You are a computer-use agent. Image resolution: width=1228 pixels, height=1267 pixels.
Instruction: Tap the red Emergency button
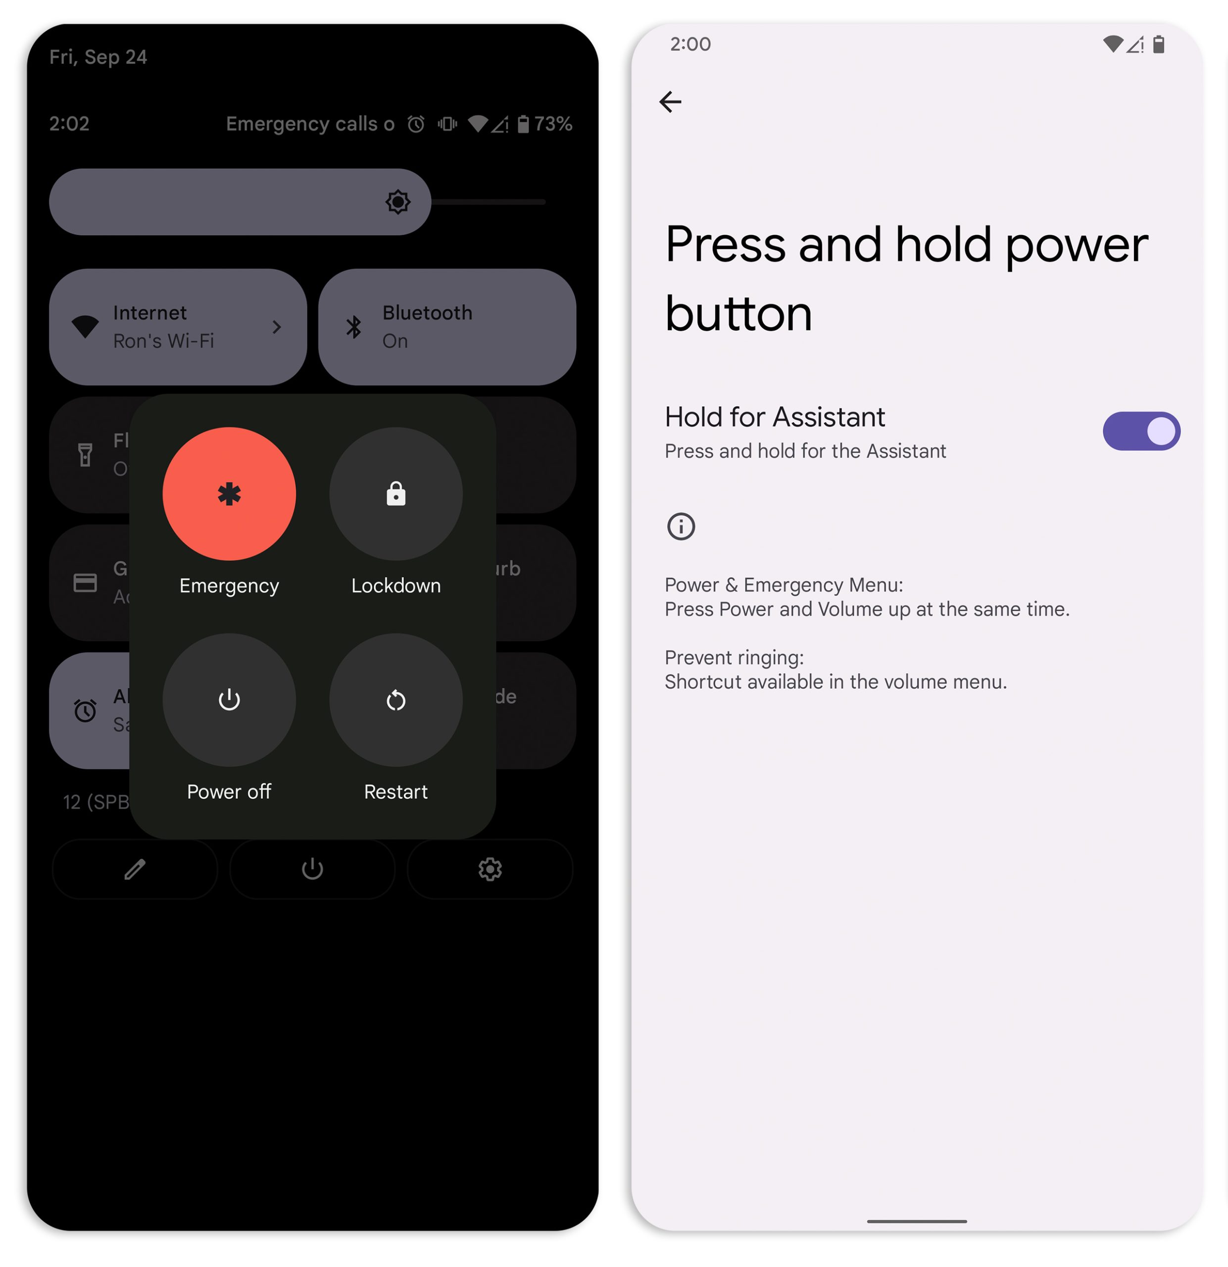[x=229, y=494]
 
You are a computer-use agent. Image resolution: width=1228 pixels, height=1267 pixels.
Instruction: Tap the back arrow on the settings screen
[x=670, y=102]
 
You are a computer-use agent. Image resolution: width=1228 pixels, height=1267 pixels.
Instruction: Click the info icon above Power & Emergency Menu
[x=680, y=526]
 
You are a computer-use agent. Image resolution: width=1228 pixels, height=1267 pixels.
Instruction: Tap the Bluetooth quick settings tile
[x=446, y=327]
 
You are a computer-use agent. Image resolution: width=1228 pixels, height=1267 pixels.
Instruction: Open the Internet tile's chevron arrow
[x=277, y=327]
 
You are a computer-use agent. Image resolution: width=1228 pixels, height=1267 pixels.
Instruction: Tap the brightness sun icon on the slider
[x=397, y=202]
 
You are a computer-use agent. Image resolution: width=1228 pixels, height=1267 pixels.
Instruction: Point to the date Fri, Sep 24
[x=98, y=57]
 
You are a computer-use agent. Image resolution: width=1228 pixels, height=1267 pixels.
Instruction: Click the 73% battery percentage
[x=553, y=123]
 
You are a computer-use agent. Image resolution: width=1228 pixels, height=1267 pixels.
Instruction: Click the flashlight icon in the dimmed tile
[x=85, y=454]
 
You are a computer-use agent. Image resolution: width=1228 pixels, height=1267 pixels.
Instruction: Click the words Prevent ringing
[x=734, y=657]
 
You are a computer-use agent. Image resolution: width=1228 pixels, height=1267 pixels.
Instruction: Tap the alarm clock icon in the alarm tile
[x=85, y=710]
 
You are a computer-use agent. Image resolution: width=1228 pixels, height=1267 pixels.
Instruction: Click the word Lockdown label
[x=395, y=585]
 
